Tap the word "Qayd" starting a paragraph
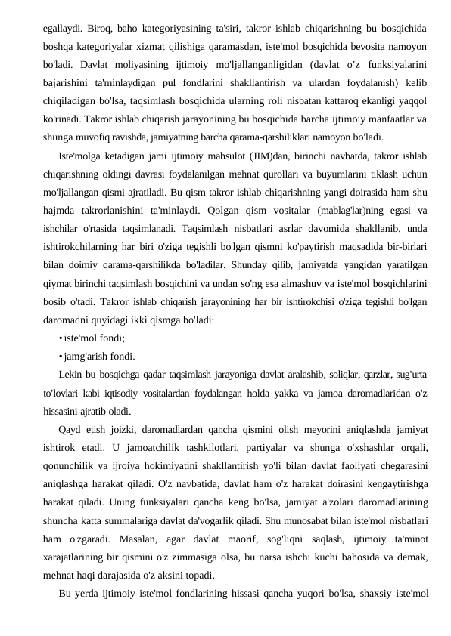point(71,428)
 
